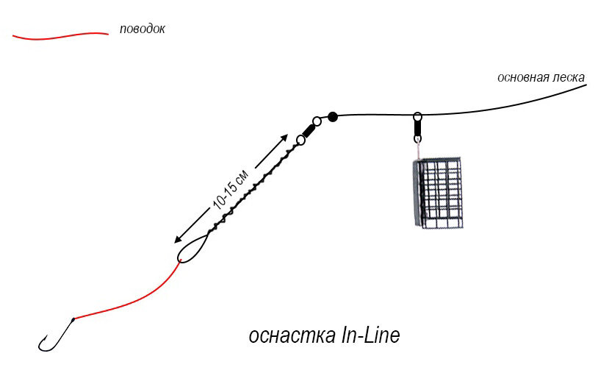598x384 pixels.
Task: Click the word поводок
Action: (142, 30)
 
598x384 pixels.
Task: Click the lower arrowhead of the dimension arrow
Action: (177, 240)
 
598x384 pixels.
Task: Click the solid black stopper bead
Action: (333, 116)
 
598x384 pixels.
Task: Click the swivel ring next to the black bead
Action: (317, 121)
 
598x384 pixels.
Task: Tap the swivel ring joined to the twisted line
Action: (300, 140)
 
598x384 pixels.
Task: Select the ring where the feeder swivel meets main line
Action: (417, 116)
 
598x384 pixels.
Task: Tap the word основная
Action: (523, 77)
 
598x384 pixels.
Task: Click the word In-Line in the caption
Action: (370, 335)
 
